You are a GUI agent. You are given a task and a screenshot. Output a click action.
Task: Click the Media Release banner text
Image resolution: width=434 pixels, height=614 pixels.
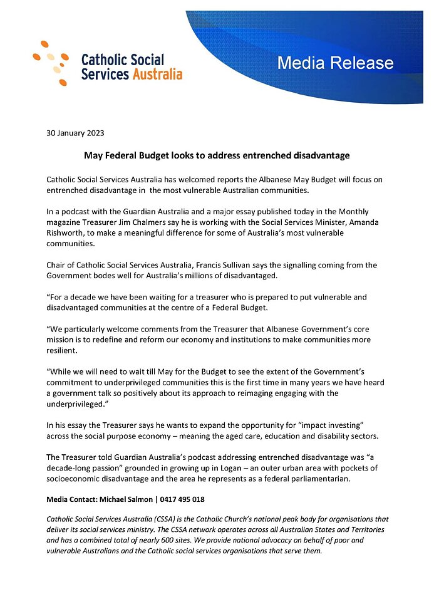coord(335,63)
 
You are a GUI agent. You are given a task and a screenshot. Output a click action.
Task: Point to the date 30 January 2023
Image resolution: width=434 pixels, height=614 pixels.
coord(75,133)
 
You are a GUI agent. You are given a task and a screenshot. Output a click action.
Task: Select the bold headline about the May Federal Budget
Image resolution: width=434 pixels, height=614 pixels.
coord(217,155)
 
